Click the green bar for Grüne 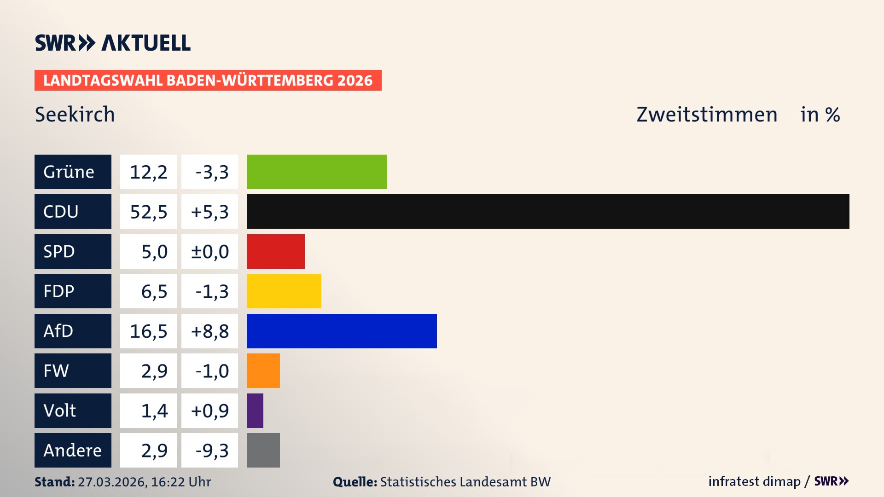(x=317, y=172)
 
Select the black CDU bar (x=548, y=211)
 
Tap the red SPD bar (x=275, y=251)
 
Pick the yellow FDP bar (x=284, y=291)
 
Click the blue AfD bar (x=342, y=331)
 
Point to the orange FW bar (x=263, y=370)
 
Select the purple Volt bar (x=255, y=410)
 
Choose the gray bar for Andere (x=263, y=450)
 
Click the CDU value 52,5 (x=148, y=212)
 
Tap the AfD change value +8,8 (x=209, y=331)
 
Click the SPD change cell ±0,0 (x=209, y=251)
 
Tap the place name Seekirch (x=75, y=114)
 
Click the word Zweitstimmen (x=706, y=114)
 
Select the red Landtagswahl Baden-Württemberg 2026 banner (x=208, y=80)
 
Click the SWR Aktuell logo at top (x=113, y=43)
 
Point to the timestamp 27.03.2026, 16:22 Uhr (x=144, y=482)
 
